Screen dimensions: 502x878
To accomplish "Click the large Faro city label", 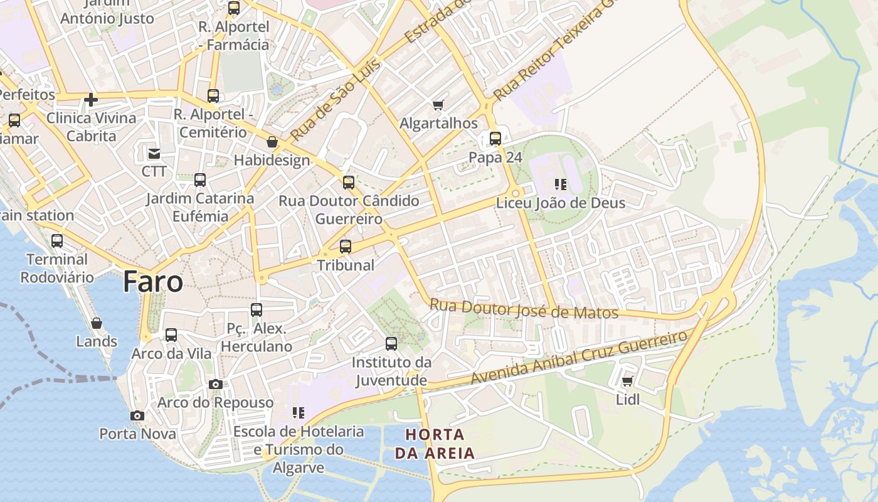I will (x=153, y=282).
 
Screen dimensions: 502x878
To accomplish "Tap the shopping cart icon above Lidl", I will (x=627, y=381).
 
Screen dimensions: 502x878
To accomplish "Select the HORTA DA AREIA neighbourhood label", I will (x=435, y=443).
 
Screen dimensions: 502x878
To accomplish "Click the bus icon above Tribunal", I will (x=346, y=247).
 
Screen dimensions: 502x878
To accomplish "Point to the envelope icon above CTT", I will (x=154, y=153).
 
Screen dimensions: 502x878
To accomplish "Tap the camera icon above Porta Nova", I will (x=137, y=415).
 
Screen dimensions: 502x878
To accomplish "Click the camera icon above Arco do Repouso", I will (x=216, y=384).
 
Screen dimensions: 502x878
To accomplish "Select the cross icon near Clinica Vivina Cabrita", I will (x=91, y=99).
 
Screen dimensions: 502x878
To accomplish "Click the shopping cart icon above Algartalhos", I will (x=438, y=105).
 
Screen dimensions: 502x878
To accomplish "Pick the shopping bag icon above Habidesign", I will (x=272, y=142).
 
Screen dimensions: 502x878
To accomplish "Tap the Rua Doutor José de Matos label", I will (x=524, y=309).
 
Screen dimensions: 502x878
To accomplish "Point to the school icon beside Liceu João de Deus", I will (x=560, y=184).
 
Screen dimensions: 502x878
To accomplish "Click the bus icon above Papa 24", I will (x=495, y=139).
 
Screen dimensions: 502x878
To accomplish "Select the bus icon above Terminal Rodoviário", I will (x=57, y=241).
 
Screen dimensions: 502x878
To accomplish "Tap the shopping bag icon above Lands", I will (x=97, y=323).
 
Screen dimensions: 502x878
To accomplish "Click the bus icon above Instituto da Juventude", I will (x=391, y=344).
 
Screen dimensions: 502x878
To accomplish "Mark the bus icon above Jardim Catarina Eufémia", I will (x=200, y=180).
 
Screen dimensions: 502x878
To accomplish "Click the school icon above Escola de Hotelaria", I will (x=299, y=413).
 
